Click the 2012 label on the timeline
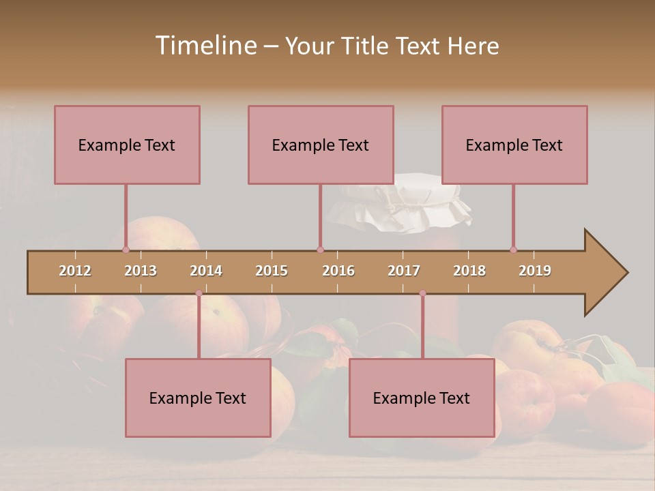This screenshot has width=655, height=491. click(x=75, y=271)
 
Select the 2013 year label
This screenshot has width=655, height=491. click(x=141, y=271)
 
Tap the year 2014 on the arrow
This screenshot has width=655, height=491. click(x=206, y=271)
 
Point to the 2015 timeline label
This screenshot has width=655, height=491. click(x=272, y=271)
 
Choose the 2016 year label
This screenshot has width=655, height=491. click(x=338, y=271)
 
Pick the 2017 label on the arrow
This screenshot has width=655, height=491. click(x=404, y=271)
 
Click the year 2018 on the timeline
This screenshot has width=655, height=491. click(x=469, y=271)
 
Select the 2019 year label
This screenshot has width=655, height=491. click(x=535, y=271)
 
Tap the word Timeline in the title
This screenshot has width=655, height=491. click(x=205, y=46)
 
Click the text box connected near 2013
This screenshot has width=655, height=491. click(x=127, y=145)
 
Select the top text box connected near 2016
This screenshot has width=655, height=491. click(x=321, y=145)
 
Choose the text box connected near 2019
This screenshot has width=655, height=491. click(x=514, y=145)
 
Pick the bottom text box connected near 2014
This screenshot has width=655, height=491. click(x=198, y=398)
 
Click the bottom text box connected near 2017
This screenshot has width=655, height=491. click(x=422, y=398)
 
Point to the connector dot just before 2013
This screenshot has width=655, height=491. click(x=126, y=250)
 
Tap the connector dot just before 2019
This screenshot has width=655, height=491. click(x=513, y=250)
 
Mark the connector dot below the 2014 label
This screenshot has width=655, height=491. click(x=199, y=293)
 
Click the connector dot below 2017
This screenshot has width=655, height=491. click(x=422, y=293)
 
